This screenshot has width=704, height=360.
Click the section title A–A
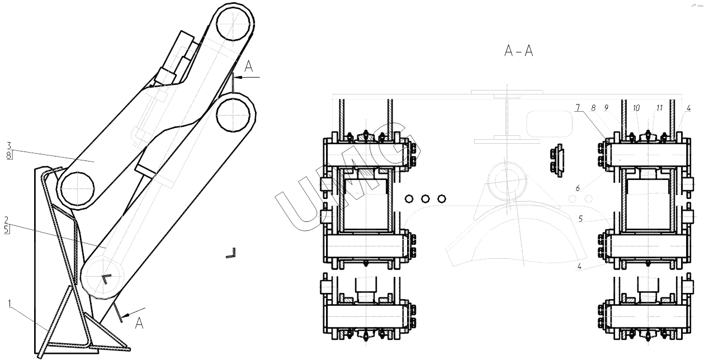[x=518, y=51]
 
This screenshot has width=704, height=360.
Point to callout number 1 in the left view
[x=10, y=304]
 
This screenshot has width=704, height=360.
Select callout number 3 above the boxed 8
[x=9, y=146]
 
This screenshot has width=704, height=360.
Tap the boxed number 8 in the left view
[x=9, y=155]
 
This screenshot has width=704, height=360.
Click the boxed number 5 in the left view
[x=7, y=229]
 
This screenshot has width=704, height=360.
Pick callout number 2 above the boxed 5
[x=6, y=220]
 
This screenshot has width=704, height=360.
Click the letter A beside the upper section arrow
[x=249, y=67]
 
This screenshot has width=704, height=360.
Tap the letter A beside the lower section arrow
[x=139, y=323]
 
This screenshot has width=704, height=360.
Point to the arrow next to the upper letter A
[x=247, y=77]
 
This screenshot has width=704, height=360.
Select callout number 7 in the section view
[x=578, y=108]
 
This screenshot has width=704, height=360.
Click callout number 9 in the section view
[x=606, y=108]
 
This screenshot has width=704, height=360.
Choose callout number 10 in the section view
[x=636, y=108]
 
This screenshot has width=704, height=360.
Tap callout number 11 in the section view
[x=659, y=108]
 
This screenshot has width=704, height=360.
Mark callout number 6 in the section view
[x=578, y=188]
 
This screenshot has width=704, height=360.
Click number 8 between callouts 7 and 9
[x=593, y=108]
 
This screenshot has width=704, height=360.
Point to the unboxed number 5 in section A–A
[x=580, y=219]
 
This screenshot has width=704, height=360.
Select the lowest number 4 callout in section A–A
[x=579, y=267]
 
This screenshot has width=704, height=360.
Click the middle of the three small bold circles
[x=425, y=199]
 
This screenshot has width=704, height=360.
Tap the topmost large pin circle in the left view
[x=233, y=23]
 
